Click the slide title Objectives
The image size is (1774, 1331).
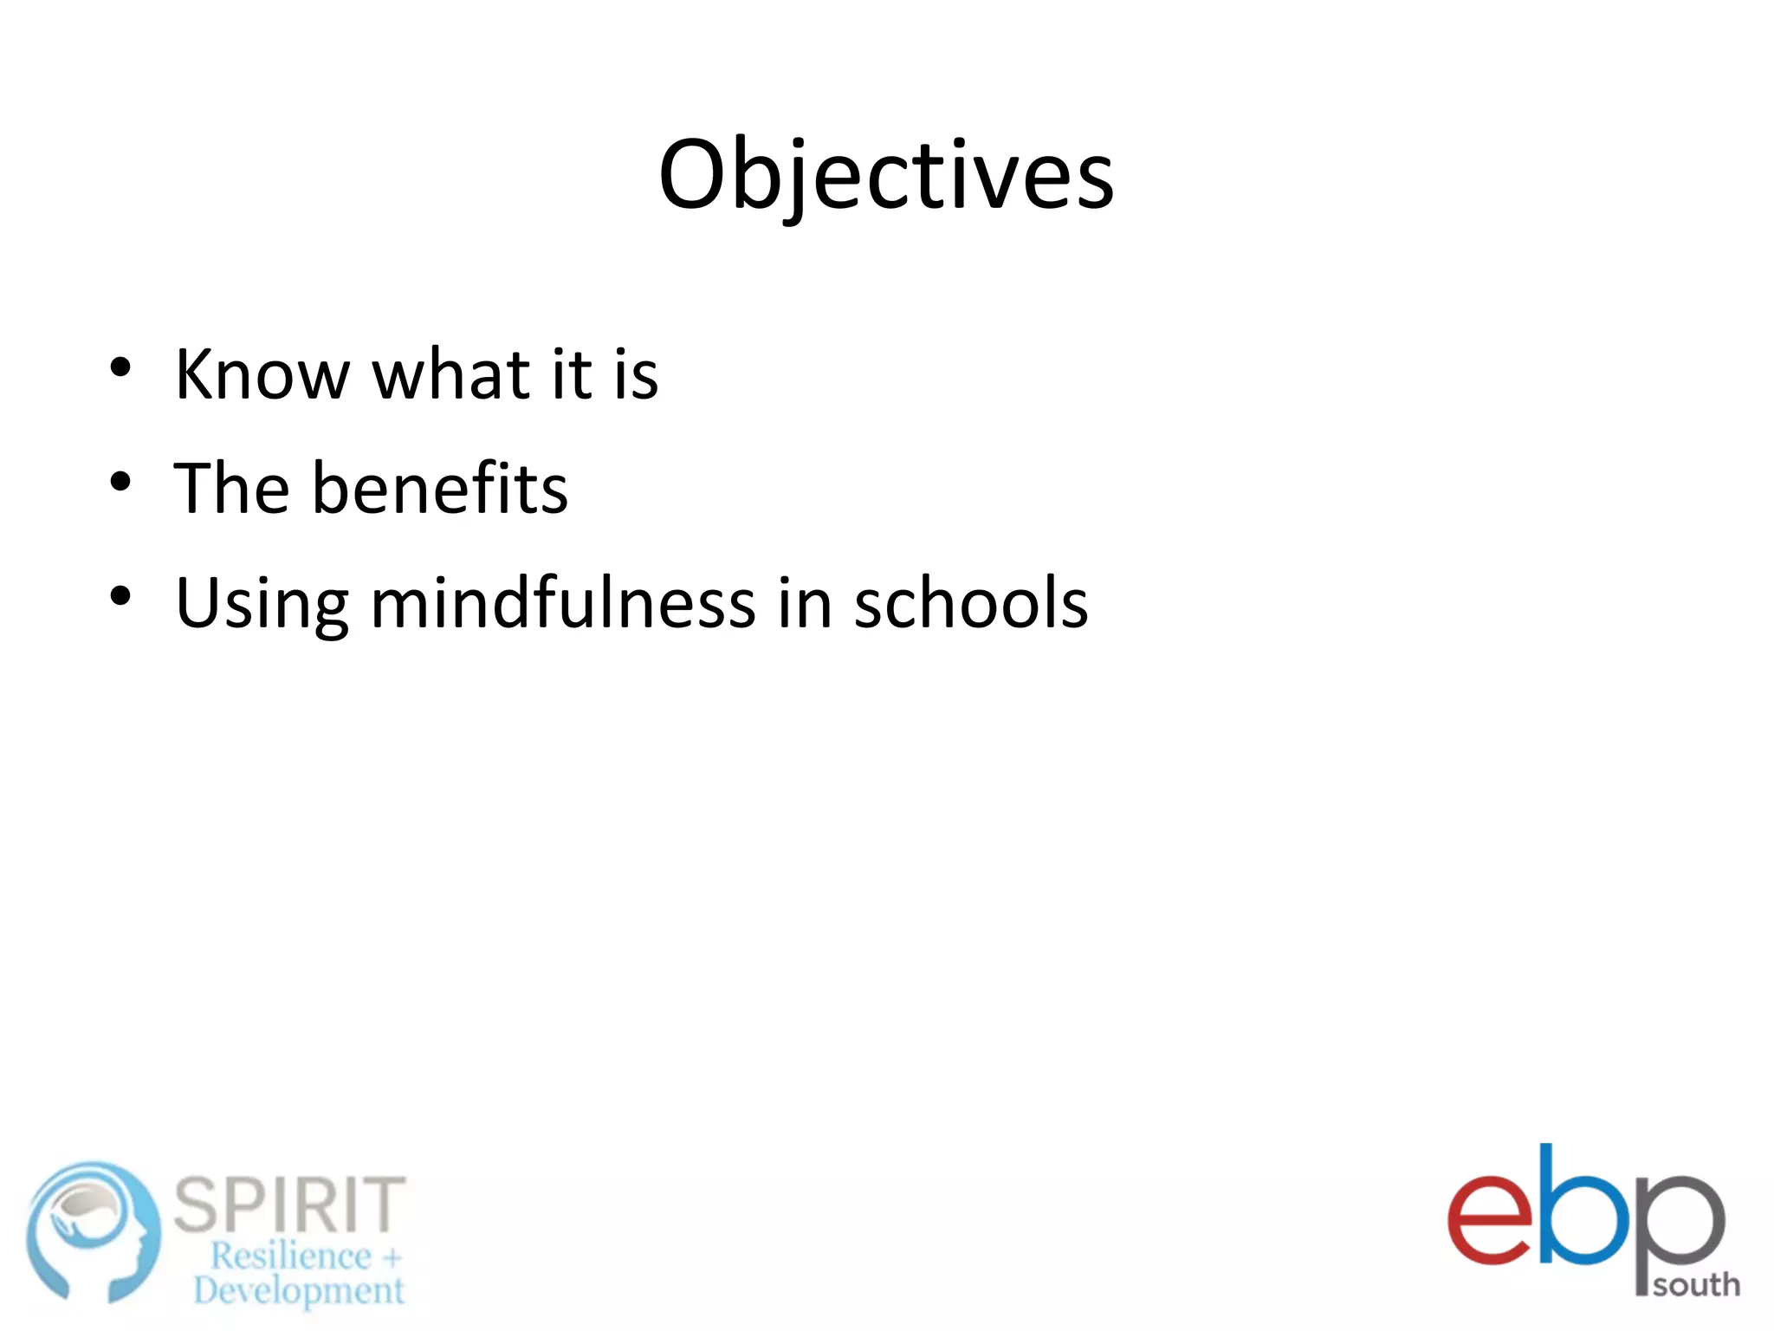point(886,176)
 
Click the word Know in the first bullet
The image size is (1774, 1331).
point(262,374)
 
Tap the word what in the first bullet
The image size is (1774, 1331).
point(450,374)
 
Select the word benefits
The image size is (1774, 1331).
point(439,489)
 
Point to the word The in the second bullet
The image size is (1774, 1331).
point(231,489)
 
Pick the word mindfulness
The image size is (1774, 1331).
point(563,603)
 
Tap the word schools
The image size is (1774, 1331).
point(971,603)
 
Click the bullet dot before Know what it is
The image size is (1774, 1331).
point(120,367)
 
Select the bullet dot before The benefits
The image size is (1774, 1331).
point(120,482)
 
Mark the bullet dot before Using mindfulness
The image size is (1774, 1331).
point(120,596)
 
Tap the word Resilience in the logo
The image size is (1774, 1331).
point(291,1256)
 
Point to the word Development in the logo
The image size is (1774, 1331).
point(299,1290)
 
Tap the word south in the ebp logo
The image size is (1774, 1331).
point(1696,1284)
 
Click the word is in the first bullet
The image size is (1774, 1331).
point(637,374)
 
